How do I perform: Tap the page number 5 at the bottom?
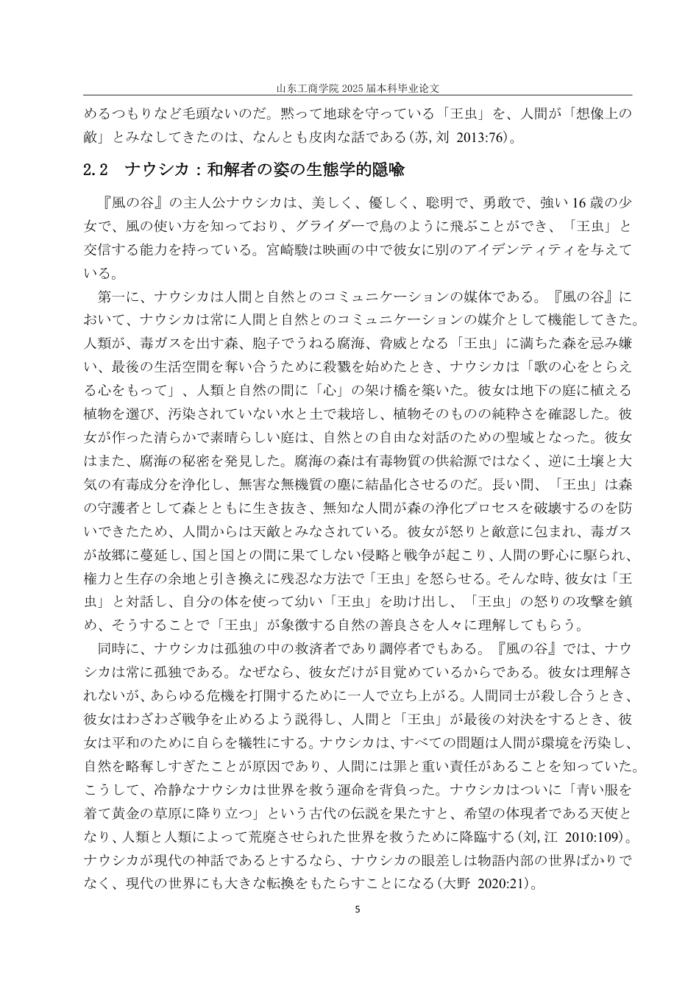pyautogui.click(x=358, y=910)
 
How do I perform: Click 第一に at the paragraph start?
pyautogui.click(x=118, y=297)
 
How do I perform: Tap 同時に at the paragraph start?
pyautogui.click(x=118, y=649)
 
